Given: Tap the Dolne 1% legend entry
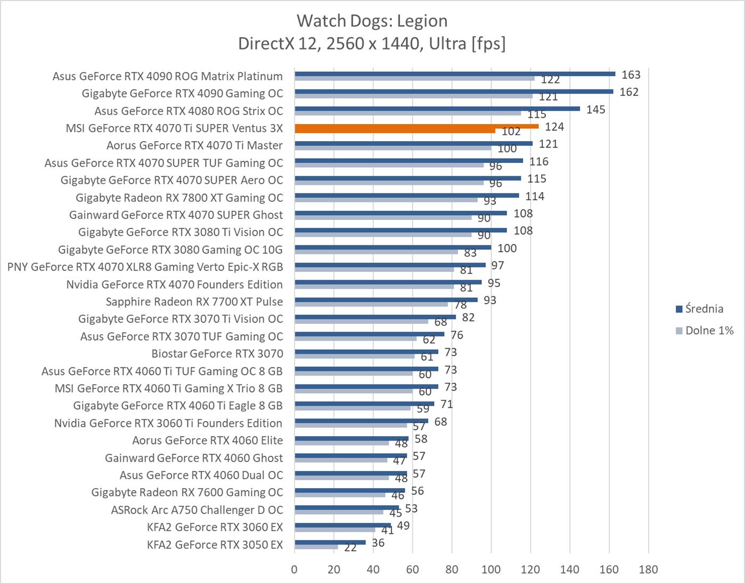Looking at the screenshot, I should click(704, 331).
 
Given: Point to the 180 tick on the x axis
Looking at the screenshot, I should click(648, 570).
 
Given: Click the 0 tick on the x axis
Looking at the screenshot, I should click(294, 570).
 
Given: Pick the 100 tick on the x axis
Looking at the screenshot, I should click(491, 570).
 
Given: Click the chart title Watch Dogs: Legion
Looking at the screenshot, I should click(372, 21).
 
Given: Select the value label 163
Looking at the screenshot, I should click(631, 75).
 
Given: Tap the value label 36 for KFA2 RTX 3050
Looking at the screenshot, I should click(378, 543).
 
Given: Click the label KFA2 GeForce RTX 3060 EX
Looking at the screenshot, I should click(215, 527).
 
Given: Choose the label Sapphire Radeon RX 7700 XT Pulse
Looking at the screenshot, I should click(194, 302).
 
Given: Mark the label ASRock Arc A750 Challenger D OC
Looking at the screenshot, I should click(197, 510).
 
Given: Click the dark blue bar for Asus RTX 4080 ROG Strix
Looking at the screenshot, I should click(437, 109).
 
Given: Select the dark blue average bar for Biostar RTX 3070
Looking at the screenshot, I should click(366, 351).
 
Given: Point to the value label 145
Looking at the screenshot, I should click(595, 110).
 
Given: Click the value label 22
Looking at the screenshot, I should click(350, 548).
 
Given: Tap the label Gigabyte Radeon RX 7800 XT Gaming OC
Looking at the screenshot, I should click(179, 198).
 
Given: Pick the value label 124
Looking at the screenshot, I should click(554, 127).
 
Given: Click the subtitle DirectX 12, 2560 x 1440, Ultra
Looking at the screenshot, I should click(372, 43).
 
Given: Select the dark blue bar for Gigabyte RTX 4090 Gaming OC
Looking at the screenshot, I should click(453, 91).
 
